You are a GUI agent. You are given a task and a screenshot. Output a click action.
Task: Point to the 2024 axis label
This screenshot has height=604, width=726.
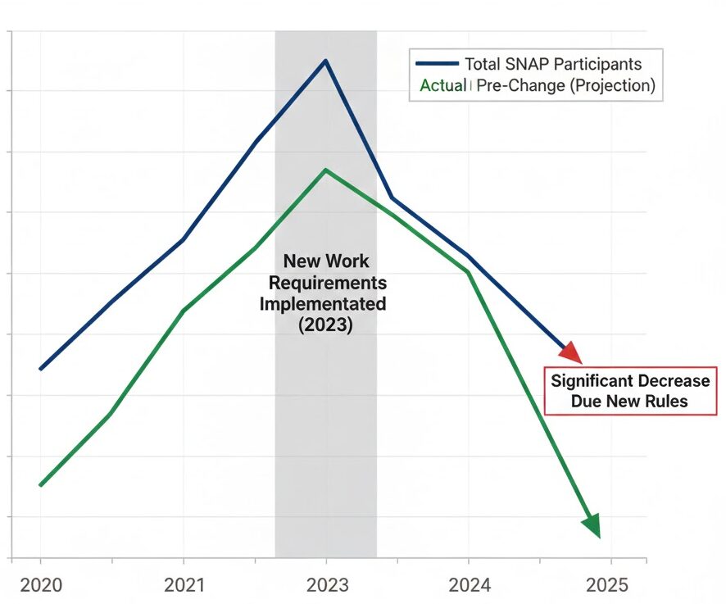pyautogui.click(x=470, y=585)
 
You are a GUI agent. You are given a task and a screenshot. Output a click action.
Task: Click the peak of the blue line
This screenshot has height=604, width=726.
pyautogui.click(x=325, y=61)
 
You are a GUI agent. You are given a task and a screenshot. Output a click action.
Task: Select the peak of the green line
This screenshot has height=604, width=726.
pyautogui.click(x=325, y=170)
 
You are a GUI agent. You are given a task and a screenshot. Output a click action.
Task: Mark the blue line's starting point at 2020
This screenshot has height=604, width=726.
pyautogui.click(x=40, y=369)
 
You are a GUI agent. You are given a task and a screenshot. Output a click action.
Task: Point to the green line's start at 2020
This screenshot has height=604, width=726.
pyautogui.click(x=40, y=485)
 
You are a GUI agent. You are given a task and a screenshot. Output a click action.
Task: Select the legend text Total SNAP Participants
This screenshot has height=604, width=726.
pyautogui.click(x=553, y=64)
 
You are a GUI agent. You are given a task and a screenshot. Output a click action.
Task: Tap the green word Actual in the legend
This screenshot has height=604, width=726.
pyautogui.click(x=442, y=85)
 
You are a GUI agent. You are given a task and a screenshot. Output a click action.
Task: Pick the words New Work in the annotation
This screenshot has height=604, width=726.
pyautogui.click(x=325, y=261)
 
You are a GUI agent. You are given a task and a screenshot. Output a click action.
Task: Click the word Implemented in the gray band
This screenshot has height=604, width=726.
pyautogui.click(x=323, y=303)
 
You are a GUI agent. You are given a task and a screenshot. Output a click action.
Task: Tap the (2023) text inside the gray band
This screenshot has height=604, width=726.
pyautogui.click(x=325, y=325)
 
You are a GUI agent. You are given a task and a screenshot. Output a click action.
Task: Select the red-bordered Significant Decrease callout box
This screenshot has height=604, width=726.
pyautogui.click(x=630, y=391)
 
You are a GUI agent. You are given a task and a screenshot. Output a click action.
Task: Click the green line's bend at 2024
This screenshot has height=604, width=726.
pyautogui.click(x=469, y=272)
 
